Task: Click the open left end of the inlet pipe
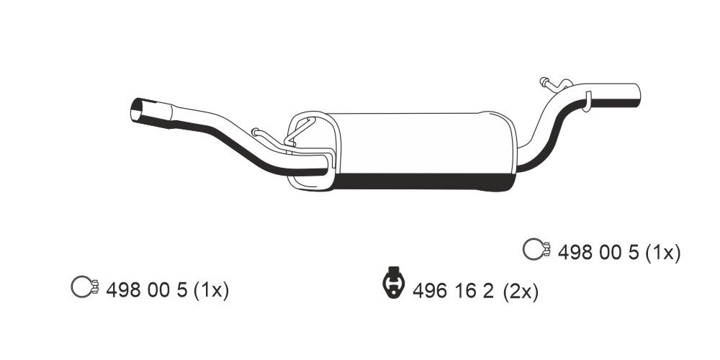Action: point(137,112)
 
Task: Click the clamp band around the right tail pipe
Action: point(587,100)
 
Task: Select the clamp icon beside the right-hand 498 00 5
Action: point(536,249)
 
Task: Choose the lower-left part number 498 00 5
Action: point(147,290)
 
